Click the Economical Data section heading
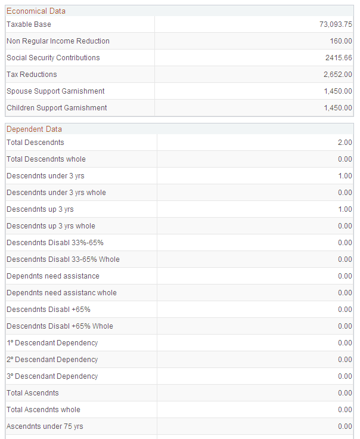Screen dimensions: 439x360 pos(36,11)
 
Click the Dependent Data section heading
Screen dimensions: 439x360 pos(34,129)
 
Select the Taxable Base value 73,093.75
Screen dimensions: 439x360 pos(336,24)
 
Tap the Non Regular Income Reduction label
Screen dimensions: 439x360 pos(58,41)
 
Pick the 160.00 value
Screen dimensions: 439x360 pos(341,41)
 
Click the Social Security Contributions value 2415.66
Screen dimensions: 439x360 pos(338,58)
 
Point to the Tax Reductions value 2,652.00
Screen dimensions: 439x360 pos(337,75)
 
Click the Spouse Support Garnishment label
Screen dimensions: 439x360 pos(55,91)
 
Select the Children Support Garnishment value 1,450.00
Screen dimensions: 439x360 pos(338,108)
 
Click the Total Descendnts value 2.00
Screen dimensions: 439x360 pos(345,143)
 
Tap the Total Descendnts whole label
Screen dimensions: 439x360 pos(46,159)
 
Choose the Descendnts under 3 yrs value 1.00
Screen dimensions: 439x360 pos(345,176)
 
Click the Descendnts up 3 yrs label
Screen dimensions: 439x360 pos(40,209)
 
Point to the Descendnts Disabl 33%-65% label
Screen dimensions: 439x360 pos(55,243)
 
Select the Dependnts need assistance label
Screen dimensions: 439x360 pos(53,276)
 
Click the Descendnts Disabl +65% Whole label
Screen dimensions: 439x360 pos(60,326)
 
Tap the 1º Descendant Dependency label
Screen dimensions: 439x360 pos(52,343)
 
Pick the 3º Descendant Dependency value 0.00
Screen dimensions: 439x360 pos(345,376)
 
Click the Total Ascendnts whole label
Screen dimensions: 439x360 pos(43,410)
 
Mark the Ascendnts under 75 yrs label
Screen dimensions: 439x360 pos(45,426)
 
